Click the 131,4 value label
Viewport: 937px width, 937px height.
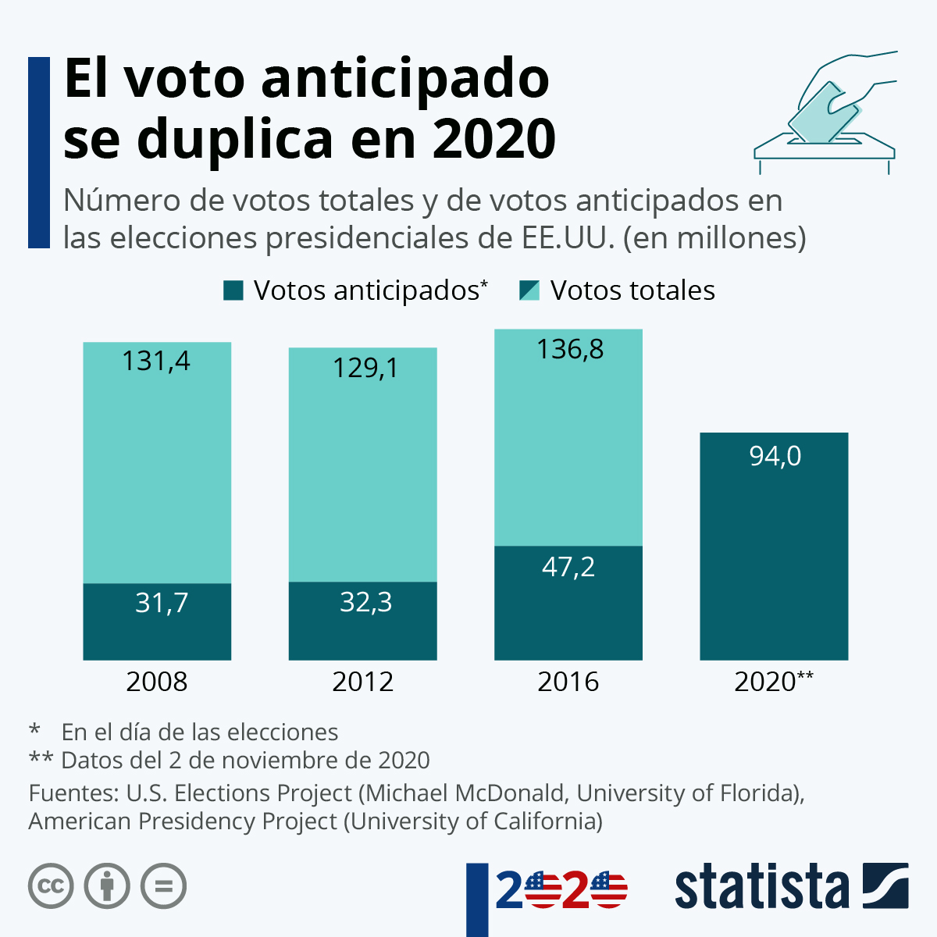156,362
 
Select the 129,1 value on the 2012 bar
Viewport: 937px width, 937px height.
365,368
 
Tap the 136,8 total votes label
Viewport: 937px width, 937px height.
570,349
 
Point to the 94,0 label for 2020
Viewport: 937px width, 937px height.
775,456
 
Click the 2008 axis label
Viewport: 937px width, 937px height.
157,682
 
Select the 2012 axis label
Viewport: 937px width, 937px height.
363,682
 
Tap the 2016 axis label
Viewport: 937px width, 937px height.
568,682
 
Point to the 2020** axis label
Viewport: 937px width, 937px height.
774,682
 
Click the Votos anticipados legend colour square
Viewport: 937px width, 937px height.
233,291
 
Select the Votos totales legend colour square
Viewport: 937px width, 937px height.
529,291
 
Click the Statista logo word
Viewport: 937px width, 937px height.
761,887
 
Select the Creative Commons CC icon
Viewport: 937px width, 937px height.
51,886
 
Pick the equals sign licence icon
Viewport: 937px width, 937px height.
163,886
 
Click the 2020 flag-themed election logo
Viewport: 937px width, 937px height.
561,889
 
